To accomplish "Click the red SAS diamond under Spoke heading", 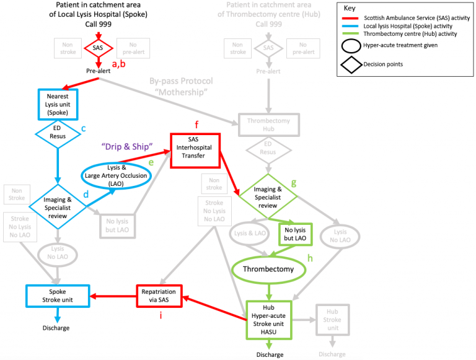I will pos(99,48).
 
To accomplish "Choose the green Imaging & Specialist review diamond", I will pos(268,193).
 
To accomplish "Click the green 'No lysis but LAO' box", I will pos(296,234).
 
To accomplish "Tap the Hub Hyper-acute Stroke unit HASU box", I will pos(268,320).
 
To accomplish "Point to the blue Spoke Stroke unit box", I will pos(58,295).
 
